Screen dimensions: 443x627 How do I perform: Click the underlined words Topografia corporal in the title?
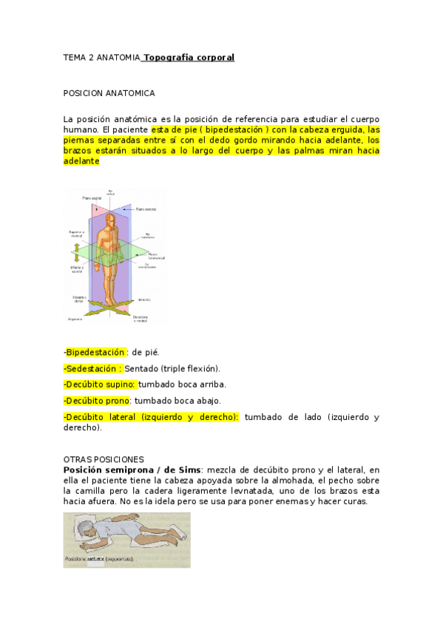pos(189,57)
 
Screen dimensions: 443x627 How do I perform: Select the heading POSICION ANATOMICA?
pos(109,94)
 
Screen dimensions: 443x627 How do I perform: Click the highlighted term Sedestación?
pos(94,368)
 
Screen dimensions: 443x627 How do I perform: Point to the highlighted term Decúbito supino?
pos(101,384)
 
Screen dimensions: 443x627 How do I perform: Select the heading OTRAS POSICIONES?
pos(104,459)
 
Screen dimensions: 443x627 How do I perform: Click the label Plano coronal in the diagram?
pos(146,209)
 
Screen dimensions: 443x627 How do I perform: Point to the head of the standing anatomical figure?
pos(112,219)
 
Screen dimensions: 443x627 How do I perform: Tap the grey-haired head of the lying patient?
pos(86,531)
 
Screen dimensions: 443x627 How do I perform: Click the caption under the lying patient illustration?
pos(99,559)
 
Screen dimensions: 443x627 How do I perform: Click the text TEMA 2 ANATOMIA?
pos(101,57)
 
